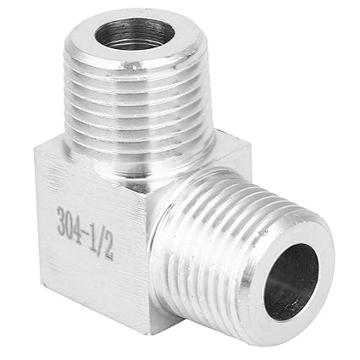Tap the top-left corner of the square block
(36, 152)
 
